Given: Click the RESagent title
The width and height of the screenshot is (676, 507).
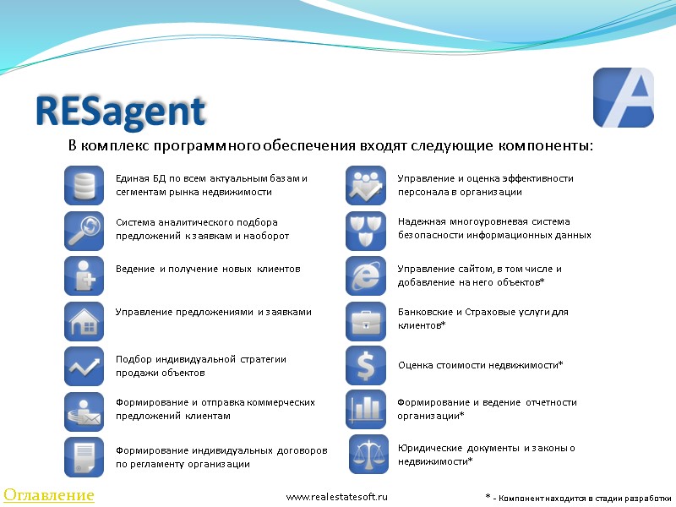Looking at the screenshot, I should click(x=120, y=112).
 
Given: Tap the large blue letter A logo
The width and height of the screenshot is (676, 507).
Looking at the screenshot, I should click(x=624, y=98).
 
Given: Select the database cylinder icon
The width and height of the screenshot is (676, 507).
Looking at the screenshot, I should click(x=84, y=185).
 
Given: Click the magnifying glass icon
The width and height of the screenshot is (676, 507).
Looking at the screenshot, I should click(x=84, y=230).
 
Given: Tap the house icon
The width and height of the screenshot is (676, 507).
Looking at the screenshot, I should click(x=84, y=321).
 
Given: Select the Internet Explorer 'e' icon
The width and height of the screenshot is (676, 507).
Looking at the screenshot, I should click(x=365, y=275).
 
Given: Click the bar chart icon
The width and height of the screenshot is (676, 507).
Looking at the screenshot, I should click(x=365, y=410).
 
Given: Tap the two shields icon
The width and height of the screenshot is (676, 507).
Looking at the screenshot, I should click(x=365, y=230).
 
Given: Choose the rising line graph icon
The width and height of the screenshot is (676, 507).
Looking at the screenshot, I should click(x=84, y=366).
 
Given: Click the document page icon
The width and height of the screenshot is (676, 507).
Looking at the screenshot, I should click(x=84, y=457).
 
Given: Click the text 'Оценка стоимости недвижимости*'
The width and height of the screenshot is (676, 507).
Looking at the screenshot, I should click(x=480, y=365).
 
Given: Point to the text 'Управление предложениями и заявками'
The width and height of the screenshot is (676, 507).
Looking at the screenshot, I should click(x=213, y=312).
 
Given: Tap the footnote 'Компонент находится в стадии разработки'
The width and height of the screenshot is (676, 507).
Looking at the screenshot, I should click(x=583, y=498).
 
